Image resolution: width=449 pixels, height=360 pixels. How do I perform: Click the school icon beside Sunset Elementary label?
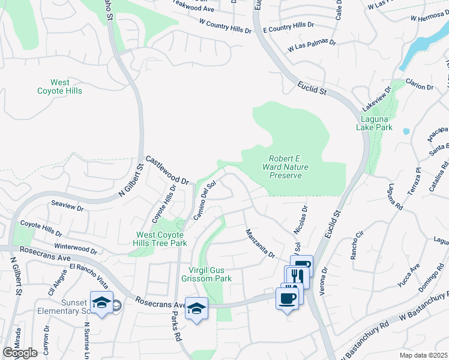click(x=101, y=302)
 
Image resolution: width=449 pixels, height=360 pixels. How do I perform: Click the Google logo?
click(x=20, y=353)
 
